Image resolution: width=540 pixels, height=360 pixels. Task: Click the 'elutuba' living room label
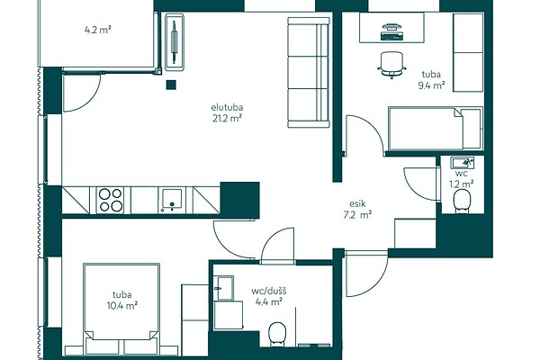point(228,107)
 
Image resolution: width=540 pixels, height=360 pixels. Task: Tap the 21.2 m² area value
point(228,119)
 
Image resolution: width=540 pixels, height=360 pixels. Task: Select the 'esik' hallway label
point(356,203)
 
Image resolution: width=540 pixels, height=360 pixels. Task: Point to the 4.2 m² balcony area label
point(97,30)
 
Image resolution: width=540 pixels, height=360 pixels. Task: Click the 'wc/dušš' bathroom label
point(268,292)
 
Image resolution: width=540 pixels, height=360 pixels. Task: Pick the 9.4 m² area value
point(431,85)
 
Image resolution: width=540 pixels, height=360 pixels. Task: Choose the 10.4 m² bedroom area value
point(122,306)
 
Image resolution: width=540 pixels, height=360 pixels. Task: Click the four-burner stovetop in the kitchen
point(110,200)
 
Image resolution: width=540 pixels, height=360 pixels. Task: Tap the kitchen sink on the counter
point(172,200)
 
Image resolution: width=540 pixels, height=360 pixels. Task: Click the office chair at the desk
point(391,65)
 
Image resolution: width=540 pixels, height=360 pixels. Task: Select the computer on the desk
point(391,31)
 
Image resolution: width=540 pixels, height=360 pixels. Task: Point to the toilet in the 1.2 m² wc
point(463,202)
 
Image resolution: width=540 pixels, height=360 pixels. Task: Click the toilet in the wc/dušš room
point(277,334)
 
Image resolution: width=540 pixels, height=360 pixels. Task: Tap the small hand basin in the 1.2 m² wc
point(463,162)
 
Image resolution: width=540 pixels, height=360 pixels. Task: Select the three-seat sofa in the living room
point(309,72)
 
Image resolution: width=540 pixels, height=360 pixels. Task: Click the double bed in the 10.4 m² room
point(121,309)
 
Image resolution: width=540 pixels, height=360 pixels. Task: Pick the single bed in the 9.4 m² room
point(436,129)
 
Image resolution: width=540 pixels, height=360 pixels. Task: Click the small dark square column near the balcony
point(171,85)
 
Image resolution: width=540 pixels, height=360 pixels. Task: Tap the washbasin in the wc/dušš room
point(223,288)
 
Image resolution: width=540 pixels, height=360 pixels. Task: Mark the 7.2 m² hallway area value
point(356,215)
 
